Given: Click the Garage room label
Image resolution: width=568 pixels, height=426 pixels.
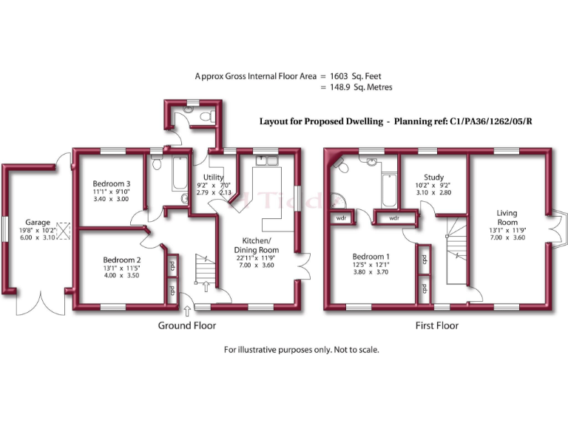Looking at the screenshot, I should tap(38, 222).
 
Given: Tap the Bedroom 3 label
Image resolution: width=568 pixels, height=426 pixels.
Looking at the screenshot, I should tap(112, 183).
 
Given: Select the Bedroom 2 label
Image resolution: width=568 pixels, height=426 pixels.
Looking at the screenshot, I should tap(121, 260).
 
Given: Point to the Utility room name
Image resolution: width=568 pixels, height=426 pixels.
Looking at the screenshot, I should tap(214, 177).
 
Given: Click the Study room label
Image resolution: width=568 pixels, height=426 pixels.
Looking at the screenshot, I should tap(434, 177).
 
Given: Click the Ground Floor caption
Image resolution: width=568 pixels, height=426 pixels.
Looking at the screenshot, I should tap(187, 325).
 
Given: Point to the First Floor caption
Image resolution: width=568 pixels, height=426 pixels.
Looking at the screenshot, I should tap(436, 325).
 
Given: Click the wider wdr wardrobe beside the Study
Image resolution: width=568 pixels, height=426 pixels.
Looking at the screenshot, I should tap(394, 218).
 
